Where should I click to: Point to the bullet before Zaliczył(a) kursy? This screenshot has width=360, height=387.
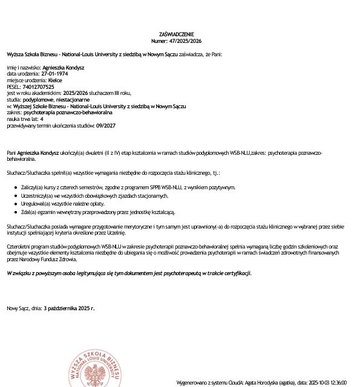point(15,188)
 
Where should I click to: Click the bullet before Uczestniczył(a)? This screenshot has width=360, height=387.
point(15,197)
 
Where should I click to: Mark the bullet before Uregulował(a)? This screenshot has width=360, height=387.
point(15,204)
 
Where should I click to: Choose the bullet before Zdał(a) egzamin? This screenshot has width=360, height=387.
point(15,212)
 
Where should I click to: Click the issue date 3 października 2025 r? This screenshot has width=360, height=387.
point(69,308)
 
